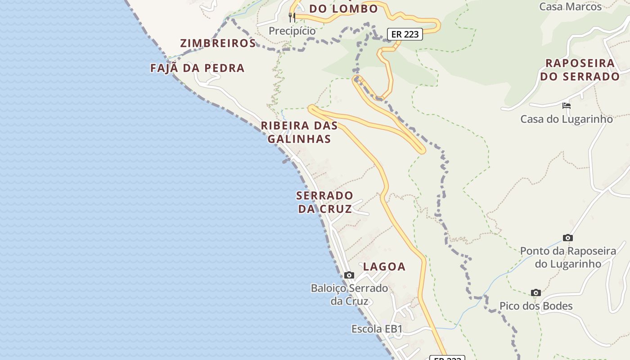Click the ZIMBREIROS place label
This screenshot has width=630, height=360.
(218, 43)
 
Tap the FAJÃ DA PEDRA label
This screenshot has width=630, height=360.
(197, 68)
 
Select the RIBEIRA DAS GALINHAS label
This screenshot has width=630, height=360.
(299, 132)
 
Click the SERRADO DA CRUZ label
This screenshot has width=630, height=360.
(324, 202)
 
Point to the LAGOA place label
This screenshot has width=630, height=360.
(384, 266)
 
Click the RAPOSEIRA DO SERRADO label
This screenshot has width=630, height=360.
(580, 69)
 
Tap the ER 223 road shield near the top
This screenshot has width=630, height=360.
(405, 34)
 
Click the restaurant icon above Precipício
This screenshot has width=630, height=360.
(292, 18)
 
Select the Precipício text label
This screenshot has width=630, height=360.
(292, 31)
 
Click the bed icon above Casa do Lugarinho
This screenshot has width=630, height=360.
(567, 106)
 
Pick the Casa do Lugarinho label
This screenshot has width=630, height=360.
(567, 119)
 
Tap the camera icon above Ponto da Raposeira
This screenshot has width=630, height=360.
(568, 238)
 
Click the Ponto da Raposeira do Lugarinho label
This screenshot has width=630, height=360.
(568, 257)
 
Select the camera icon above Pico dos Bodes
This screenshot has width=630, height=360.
(535, 292)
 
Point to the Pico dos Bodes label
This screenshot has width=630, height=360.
(536, 306)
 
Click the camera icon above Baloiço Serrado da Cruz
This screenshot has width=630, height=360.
(349, 275)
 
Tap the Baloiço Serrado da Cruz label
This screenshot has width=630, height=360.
(349, 294)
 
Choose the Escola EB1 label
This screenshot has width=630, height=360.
(377, 329)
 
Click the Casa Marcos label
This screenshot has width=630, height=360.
(570, 6)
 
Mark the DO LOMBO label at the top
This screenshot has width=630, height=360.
(343, 8)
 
